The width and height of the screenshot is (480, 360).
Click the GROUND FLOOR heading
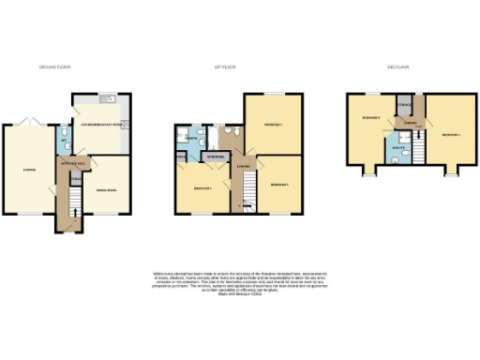pos(54,67)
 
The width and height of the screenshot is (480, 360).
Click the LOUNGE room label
pos(30,170)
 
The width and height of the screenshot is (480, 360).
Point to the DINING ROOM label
pos(106,190)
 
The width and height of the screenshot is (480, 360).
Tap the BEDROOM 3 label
pos(279,185)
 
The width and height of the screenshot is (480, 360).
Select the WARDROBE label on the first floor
pos(214,156)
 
